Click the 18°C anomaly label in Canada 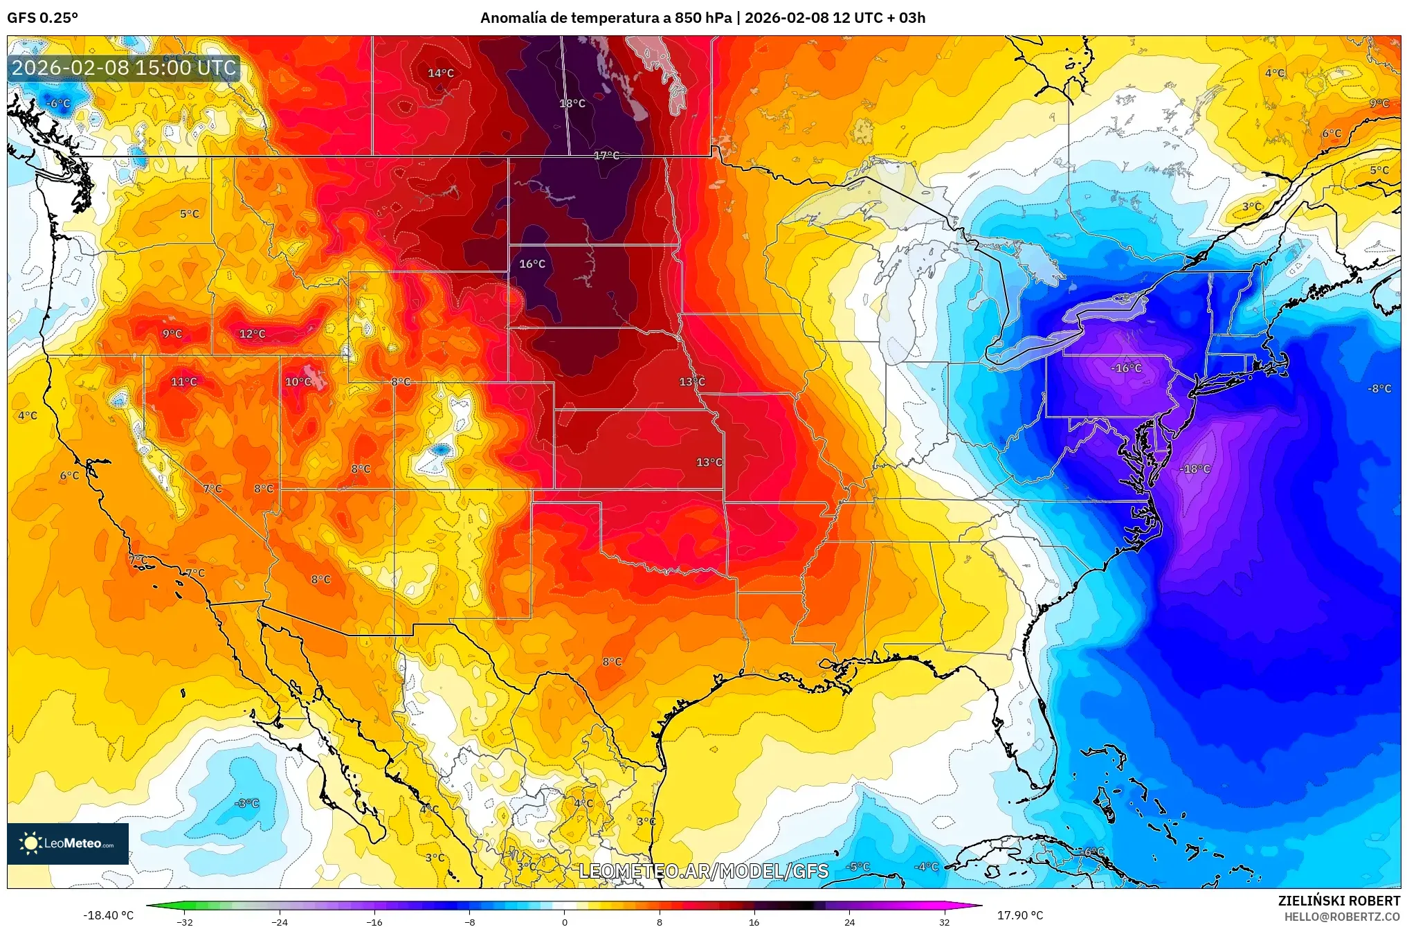pos(572,103)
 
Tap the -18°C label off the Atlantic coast pos(1195,469)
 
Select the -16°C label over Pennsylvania pos(1126,368)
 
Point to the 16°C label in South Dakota pos(532,264)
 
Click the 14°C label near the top pos(440,73)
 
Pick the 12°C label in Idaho pos(252,334)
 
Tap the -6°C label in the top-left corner pos(58,104)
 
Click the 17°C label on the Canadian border pos(606,155)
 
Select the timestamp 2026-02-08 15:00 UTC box pos(125,68)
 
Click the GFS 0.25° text pos(43,18)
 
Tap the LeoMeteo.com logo pos(68,843)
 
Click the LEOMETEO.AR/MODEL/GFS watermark pos(703,871)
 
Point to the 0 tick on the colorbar pos(564,922)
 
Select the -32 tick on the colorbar pos(184,922)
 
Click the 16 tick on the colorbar pos(754,922)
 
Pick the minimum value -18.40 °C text pos(109,915)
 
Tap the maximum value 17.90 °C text pos(1019,915)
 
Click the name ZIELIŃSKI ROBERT pos(1338,901)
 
